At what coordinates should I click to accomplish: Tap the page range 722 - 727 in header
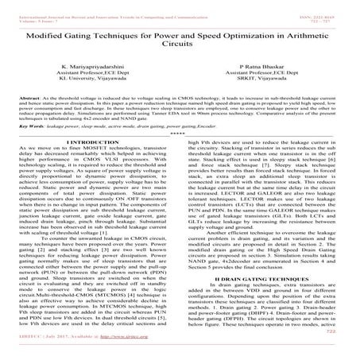[337, 10]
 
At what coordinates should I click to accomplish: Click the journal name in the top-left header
[87, 4]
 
